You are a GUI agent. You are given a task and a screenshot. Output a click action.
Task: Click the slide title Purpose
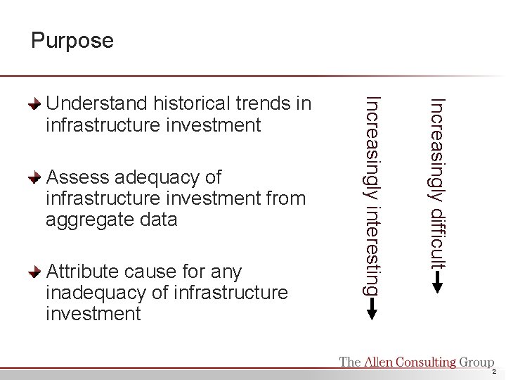coord(72,41)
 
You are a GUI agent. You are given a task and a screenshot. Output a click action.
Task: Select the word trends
coord(266,104)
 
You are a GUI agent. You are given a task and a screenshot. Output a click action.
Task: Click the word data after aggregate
coord(157,220)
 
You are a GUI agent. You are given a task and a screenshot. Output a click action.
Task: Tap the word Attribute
coord(82,272)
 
